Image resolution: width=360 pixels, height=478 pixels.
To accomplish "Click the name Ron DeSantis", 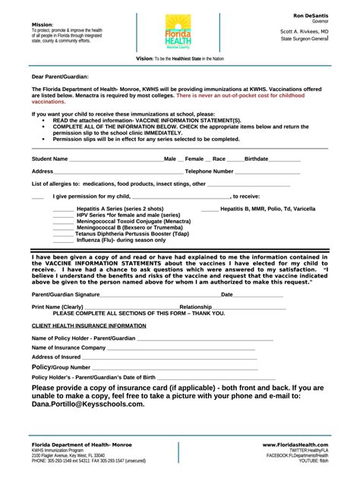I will click(311, 15).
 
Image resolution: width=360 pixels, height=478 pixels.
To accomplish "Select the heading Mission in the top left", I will click(42, 24).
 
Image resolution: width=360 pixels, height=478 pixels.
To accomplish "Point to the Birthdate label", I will click(257, 159).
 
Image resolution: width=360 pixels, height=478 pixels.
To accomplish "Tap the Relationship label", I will click(195, 307).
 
